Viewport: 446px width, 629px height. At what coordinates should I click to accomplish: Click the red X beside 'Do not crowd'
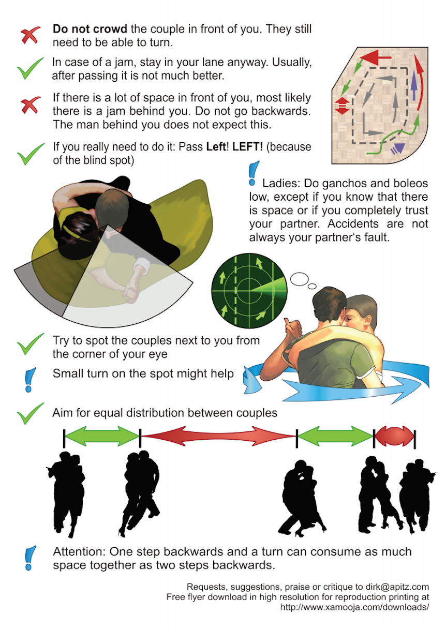[31, 35]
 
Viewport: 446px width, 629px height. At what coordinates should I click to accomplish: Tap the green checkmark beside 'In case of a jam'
[30, 68]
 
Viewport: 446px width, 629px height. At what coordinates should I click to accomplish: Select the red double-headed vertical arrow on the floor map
[343, 106]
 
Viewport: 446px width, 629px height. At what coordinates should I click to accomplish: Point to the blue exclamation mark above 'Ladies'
[254, 173]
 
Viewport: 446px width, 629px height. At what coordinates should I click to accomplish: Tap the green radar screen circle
[249, 290]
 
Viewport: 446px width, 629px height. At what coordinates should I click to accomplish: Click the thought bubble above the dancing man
[300, 279]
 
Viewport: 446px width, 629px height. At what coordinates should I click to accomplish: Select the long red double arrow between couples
[218, 436]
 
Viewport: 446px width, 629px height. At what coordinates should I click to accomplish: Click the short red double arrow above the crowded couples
[394, 437]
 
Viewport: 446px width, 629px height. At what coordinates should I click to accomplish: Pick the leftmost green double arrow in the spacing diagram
[102, 436]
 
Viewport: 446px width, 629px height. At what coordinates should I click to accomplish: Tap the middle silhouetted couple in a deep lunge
[301, 499]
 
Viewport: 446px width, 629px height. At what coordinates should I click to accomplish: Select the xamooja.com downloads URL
[355, 607]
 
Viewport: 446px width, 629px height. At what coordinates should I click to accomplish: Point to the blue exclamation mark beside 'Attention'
[30, 558]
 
